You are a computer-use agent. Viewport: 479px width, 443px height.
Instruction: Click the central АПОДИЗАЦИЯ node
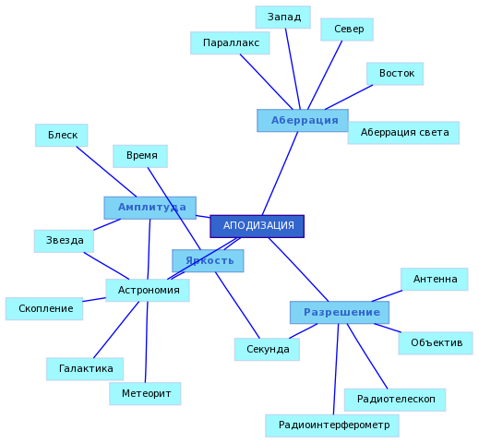(x=257, y=226)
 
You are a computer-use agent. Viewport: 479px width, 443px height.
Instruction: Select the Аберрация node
(x=303, y=121)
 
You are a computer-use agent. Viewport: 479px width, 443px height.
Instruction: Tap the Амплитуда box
(x=150, y=208)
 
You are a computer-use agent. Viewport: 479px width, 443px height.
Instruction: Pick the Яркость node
(x=208, y=261)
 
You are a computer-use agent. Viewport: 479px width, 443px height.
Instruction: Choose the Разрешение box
(x=340, y=313)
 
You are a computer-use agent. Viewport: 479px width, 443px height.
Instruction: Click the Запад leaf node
(x=283, y=18)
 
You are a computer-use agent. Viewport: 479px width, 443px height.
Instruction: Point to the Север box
(x=347, y=30)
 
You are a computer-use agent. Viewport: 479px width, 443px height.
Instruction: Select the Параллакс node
(x=230, y=43)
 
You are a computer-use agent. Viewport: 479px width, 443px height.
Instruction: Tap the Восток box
(x=395, y=74)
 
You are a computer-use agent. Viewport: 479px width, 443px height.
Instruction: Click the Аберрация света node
(x=403, y=133)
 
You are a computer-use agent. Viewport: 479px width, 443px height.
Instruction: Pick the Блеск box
(x=62, y=136)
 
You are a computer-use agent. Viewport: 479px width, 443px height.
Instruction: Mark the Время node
(x=140, y=156)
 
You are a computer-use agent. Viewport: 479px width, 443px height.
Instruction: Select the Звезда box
(x=64, y=241)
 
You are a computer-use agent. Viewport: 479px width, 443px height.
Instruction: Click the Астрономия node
(x=148, y=291)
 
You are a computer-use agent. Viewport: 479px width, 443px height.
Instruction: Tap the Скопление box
(x=44, y=309)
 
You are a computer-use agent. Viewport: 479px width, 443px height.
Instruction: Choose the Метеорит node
(x=145, y=394)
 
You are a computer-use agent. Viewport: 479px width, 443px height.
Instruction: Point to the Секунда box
(x=267, y=350)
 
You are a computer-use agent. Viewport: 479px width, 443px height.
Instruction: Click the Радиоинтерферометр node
(x=332, y=425)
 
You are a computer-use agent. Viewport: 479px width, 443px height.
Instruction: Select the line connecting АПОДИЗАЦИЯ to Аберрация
(x=280, y=174)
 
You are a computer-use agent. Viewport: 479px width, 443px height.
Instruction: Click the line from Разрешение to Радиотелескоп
(x=367, y=356)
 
